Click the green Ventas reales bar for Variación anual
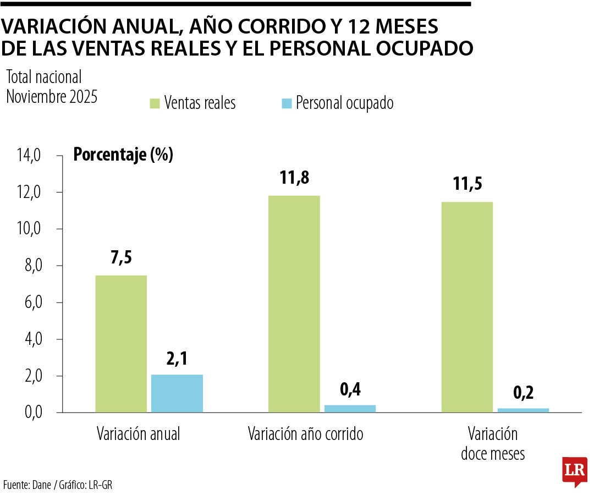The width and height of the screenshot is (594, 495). pos(121,344)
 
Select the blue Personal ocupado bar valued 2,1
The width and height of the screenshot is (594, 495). pos(177,393)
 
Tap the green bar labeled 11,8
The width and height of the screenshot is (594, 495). pos(294,304)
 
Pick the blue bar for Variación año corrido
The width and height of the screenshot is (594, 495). pos(350,409)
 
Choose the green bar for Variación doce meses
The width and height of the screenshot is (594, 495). pos(467,307)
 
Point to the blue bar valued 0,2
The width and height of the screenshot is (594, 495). pos(523,410)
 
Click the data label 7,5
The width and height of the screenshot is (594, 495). pos(121,257)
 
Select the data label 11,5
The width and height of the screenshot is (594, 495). pos(468,184)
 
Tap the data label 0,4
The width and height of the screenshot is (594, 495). pos(350,389)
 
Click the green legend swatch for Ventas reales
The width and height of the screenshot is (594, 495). pos(154,103)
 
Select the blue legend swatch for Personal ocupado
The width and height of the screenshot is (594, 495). pos(286,103)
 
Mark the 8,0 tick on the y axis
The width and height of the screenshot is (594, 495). pos(31,266)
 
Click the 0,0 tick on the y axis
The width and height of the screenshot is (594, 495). pos(31,413)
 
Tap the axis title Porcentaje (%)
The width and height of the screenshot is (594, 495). pos(123,155)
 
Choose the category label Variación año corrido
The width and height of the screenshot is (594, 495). pos(305,434)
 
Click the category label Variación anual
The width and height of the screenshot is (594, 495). pos(138,434)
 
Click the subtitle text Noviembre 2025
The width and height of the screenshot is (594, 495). pos(52,97)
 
